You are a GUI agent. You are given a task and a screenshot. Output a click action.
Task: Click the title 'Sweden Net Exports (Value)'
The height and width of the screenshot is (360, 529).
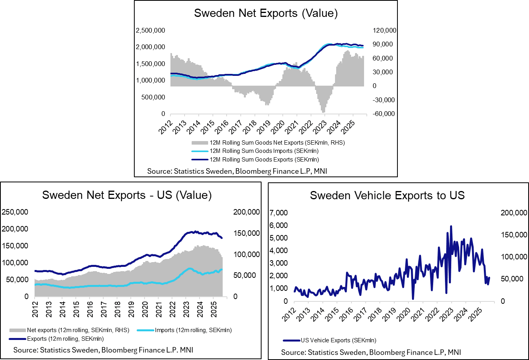266,13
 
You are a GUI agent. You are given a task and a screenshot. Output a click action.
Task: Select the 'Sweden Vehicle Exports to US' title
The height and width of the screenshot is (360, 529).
387,195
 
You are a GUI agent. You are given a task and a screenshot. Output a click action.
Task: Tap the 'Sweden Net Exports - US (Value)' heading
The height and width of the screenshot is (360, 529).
127,195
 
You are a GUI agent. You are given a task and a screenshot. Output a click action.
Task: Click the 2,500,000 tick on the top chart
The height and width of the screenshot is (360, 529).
150,30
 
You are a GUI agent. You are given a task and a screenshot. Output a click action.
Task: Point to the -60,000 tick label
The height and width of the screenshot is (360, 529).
384,114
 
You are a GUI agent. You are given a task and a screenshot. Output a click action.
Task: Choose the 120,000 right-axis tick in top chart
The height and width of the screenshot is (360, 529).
384,30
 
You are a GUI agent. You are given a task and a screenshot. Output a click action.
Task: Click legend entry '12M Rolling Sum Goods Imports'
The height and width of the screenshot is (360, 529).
264,151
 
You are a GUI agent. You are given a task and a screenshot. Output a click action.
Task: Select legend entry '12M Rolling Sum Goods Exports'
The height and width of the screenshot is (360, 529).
264,160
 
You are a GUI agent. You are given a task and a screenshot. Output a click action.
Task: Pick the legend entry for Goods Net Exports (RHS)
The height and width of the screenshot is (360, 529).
277,143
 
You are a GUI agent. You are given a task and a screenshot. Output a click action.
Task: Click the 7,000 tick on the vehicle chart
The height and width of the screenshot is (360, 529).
279,213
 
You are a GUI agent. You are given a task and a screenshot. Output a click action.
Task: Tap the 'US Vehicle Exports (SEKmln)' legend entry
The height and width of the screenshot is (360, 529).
338,340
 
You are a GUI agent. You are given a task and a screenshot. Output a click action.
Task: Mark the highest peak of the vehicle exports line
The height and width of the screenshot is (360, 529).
451,226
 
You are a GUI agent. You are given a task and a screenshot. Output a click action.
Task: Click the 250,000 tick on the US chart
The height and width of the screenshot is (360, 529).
15,212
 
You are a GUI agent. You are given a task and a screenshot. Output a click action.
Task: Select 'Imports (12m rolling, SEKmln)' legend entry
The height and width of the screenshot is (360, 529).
193,330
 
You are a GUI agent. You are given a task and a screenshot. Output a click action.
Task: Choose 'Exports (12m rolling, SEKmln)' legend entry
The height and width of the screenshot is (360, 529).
65,339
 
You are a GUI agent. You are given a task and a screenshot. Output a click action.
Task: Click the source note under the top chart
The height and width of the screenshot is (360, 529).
237,171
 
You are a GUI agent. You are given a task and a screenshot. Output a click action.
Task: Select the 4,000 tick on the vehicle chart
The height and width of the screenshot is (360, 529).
279,250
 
